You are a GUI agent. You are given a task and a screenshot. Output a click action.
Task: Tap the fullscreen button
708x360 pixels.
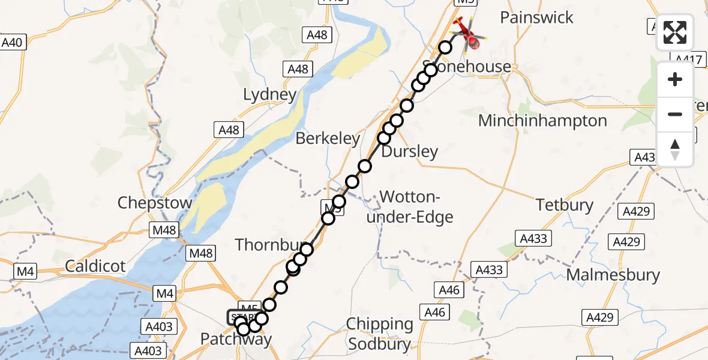(675, 32)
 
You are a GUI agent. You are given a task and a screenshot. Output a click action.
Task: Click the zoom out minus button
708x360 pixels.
(675, 114)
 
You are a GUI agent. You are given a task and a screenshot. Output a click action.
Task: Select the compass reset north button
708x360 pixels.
(675, 149)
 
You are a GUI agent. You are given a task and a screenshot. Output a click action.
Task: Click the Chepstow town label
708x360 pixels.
(155, 202)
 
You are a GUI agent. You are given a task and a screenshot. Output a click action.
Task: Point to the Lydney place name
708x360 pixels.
(269, 95)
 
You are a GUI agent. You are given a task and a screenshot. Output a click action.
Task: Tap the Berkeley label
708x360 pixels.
(328, 139)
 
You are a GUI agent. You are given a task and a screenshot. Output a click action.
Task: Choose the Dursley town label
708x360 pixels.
(410, 151)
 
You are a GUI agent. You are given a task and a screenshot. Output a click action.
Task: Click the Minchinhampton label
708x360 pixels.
(542, 121)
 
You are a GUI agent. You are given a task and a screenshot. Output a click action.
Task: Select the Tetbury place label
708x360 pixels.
(565, 205)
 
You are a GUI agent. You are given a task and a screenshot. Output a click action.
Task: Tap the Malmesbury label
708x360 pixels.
(613, 275)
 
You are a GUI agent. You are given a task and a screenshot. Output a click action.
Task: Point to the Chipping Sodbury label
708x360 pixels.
(380, 334)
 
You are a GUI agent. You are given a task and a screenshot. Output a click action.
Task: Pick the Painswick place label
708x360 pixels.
(536, 17)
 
